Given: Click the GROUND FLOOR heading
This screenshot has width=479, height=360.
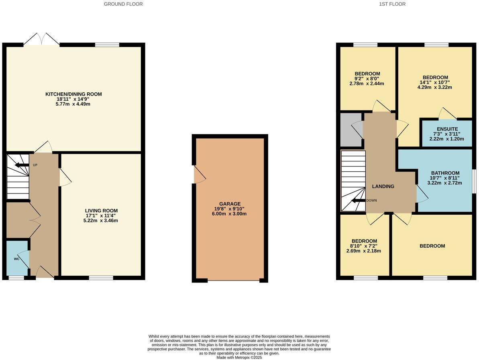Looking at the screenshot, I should pyautogui.click(x=123, y=4).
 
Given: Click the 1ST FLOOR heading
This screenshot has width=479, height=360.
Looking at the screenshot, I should pyautogui.click(x=392, y=4).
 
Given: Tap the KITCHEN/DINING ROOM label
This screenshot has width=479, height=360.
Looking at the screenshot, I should pyautogui.click(x=73, y=94).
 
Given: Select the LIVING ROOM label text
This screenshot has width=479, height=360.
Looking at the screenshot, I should pyautogui.click(x=101, y=211).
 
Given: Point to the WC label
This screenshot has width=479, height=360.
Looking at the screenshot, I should pyautogui.click(x=16, y=259).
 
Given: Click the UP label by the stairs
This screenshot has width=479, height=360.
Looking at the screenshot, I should pyautogui.click(x=35, y=165).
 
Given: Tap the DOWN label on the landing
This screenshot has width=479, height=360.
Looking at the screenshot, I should pyautogui.click(x=371, y=200).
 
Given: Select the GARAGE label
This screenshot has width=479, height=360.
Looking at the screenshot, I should pyautogui.click(x=230, y=204).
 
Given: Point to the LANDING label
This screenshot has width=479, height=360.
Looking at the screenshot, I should pyautogui.click(x=383, y=186).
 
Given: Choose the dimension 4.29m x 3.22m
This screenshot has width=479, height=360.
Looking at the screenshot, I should pyautogui.click(x=435, y=87).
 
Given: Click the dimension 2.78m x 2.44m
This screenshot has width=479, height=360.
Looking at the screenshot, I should pyautogui.click(x=367, y=84).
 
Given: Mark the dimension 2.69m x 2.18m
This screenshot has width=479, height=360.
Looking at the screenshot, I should pyautogui.click(x=364, y=251).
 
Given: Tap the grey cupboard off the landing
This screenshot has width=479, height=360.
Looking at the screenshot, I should pyautogui.click(x=351, y=130).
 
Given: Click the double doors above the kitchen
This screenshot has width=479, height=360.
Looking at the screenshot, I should pyautogui.click(x=42, y=40).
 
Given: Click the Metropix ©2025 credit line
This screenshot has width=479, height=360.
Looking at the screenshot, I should pyautogui.click(x=239, y=357).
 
